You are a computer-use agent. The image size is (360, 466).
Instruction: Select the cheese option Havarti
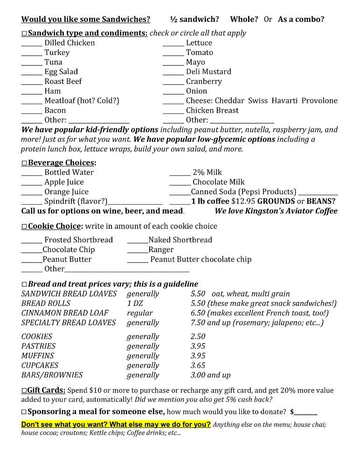284,101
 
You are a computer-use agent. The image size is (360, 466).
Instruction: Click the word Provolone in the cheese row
319,101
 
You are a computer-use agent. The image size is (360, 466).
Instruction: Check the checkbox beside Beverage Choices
24,163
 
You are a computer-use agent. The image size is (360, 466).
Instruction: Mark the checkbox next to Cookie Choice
24,227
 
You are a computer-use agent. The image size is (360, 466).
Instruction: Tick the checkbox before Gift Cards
24,391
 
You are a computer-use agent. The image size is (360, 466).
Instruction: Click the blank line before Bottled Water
32,174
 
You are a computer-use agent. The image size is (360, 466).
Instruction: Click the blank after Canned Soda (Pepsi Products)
318,193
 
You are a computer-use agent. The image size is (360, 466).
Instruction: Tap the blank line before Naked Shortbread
138,242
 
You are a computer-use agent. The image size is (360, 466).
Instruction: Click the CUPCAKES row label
40,365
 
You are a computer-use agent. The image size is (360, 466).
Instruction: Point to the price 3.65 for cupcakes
198,365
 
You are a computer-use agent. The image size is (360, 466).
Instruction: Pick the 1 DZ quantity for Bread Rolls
135,303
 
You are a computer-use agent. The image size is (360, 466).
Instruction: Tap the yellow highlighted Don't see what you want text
116,425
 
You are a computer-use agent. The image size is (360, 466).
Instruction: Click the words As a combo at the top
301,19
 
